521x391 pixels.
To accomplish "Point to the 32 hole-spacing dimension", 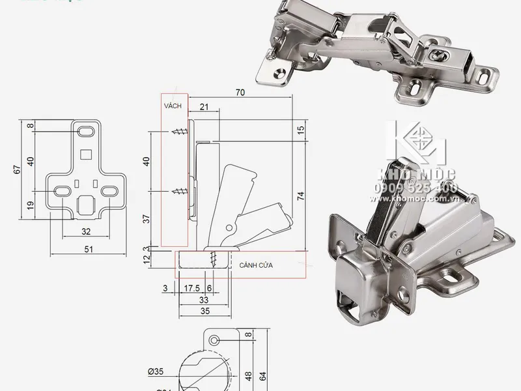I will pos(86,231).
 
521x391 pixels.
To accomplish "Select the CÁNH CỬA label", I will pos(255,266).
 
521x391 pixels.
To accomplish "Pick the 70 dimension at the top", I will pos(240,94).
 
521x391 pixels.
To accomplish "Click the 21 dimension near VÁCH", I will pos(204,106).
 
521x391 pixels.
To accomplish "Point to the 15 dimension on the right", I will pos(300,130).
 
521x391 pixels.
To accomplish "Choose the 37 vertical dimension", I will pos(146,220).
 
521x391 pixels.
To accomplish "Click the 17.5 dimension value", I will pos(191,288).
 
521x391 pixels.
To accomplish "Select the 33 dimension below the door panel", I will pos(203,300).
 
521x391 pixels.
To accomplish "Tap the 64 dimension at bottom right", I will pos(264,376).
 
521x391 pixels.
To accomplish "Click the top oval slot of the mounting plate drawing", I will pos(85,132).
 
